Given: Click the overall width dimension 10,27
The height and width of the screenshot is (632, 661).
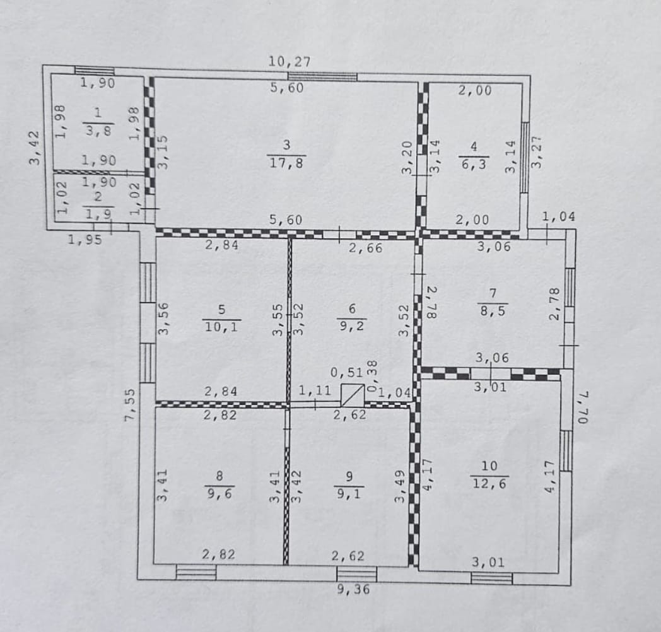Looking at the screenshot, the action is (290, 62).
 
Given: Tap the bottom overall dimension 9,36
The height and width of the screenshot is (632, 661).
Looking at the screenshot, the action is (353, 588).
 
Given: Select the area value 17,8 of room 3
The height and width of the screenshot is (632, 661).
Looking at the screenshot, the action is (286, 163).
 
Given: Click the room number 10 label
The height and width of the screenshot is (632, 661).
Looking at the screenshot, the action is (489, 466).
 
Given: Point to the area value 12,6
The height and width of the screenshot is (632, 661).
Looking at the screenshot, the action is (489, 483).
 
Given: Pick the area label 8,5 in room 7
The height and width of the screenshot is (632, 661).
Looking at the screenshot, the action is (493, 311).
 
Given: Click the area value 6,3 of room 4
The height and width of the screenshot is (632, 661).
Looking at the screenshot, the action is (474, 164).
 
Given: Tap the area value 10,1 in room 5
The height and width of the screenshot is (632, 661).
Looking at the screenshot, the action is (221, 326).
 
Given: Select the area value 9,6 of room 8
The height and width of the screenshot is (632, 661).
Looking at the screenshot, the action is (219, 493).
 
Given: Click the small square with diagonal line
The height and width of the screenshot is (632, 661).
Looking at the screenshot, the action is (353, 395).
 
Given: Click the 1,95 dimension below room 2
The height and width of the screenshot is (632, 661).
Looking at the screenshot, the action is (85, 240).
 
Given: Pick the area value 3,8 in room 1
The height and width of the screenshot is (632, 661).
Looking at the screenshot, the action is (98, 131).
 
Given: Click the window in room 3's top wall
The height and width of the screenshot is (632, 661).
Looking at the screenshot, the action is (322, 77).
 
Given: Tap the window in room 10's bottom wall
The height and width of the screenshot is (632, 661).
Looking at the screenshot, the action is (491, 578).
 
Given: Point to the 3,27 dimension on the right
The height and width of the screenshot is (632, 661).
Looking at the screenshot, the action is (536, 152).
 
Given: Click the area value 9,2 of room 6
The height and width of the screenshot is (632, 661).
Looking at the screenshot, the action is (352, 325).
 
